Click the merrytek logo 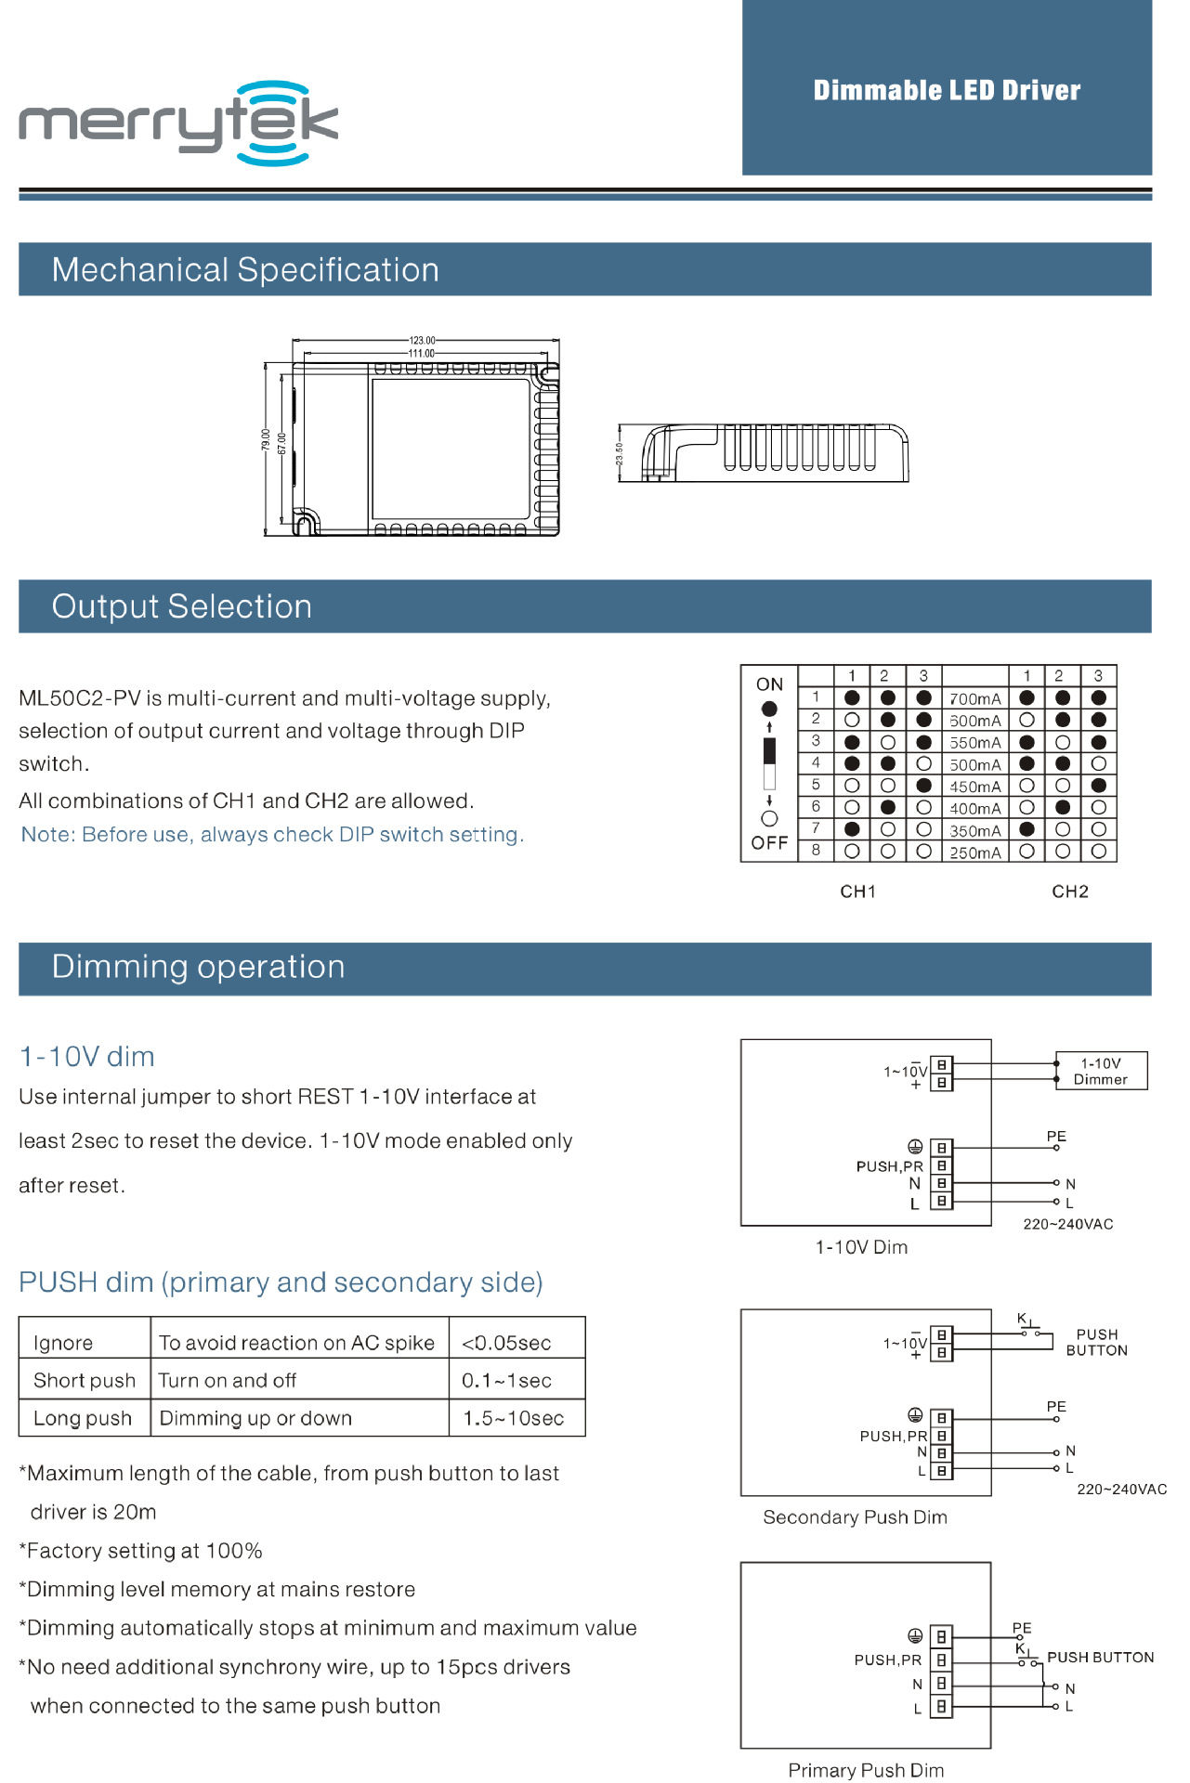(x=178, y=123)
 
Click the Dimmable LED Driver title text (x=947, y=90)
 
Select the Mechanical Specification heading (x=245, y=270)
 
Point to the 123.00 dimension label (x=422, y=341)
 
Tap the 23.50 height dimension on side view (x=620, y=454)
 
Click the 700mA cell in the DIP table (x=974, y=699)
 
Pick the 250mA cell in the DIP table (x=974, y=852)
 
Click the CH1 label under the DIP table (x=857, y=891)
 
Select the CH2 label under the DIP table (x=1069, y=891)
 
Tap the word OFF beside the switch (x=769, y=843)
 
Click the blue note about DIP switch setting (x=272, y=835)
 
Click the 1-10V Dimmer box (x=1101, y=1071)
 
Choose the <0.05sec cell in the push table (x=507, y=1343)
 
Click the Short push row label (x=85, y=1381)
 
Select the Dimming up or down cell (x=255, y=1419)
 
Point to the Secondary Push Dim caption (x=855, y=1517)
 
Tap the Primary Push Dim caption (x=866, y=1771)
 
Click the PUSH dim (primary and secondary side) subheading (x=281, y=1282)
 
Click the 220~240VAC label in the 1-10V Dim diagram (x=1067, y=1224)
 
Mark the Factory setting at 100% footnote (x=141, y=1551)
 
